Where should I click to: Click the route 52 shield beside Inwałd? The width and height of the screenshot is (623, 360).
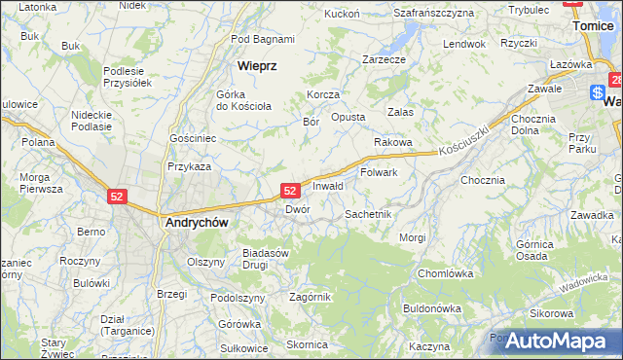tap(290, 191)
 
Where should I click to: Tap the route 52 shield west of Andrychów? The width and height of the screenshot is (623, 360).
tap(117, 196)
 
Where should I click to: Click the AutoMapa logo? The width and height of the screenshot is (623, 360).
tap(556, 342)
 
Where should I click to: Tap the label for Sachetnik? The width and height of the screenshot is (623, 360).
tap(368, 213)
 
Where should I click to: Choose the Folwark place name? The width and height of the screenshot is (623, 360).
tap(379, 172)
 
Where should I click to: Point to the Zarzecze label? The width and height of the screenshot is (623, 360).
tap(384, 58)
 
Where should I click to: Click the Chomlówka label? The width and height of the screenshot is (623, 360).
tap(444, 273)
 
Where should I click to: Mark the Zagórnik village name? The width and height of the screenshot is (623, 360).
tap(311, 297)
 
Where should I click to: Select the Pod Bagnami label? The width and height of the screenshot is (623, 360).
tap(263, 39)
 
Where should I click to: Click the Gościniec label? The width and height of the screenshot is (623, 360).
tap(193, 139)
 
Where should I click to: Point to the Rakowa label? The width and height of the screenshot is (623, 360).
tap(393, 142)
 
